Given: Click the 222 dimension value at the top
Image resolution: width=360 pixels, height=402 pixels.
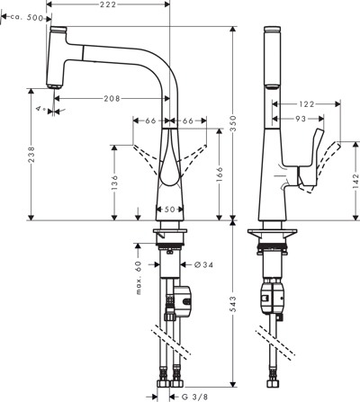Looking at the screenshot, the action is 108,4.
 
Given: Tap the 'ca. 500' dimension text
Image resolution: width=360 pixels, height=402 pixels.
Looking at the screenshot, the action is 27,18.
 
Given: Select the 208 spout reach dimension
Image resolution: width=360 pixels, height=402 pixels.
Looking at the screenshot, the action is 112,98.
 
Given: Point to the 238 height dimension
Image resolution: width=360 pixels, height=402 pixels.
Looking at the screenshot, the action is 31,155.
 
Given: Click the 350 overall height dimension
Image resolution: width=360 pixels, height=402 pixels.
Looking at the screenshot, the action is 233,123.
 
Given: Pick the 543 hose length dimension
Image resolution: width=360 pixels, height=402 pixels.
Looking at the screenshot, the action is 233,304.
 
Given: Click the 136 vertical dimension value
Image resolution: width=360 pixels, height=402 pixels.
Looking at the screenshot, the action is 114,183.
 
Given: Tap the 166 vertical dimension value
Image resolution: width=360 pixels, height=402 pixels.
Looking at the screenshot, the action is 220,174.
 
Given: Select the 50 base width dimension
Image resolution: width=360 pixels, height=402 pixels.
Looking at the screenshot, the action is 169,210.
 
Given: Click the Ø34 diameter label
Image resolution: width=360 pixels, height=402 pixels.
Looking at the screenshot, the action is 203,264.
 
